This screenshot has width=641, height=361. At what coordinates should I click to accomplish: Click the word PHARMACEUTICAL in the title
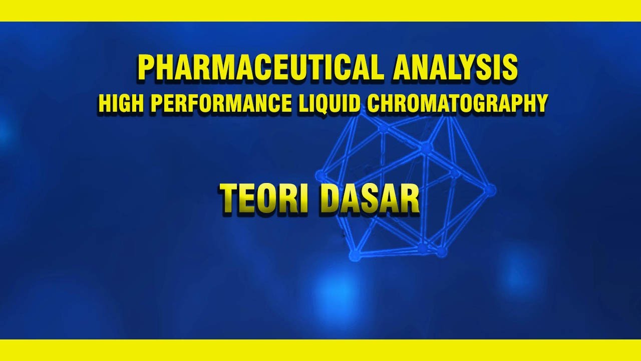[x=258, y=68]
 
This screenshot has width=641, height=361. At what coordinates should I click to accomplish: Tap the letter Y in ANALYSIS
[x=475, y=68]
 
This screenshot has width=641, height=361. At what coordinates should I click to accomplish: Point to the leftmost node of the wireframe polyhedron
[x=321, y=175]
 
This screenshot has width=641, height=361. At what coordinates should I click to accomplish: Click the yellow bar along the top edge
[x=320, y=11]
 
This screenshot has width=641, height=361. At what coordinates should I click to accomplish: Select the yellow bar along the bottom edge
[x=320, y=350]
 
